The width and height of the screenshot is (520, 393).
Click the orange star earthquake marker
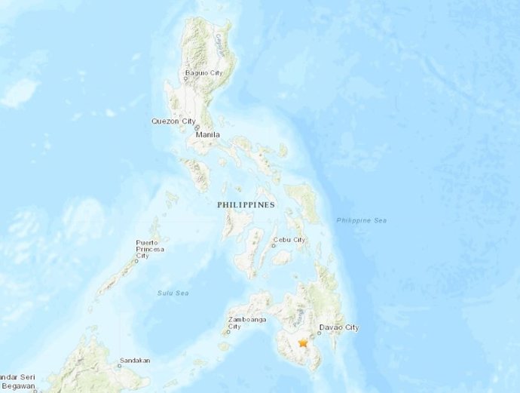coord(303,343)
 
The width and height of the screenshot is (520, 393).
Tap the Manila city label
coord(208,135)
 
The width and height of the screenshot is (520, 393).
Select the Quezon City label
coord(173,121)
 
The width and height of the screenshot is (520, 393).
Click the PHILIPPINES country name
coord(246,204)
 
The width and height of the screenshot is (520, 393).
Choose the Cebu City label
coord(290,240)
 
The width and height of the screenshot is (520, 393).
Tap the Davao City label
coord(339,327)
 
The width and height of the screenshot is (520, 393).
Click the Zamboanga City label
coord(244,323)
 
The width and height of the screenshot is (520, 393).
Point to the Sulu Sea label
coord(173,293)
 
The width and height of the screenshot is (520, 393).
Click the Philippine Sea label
coord(362,220)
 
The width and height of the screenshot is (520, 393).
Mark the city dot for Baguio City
coord(185,78)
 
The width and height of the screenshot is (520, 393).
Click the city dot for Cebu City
coord(274,245)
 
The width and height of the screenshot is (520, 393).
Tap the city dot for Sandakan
coord(119,367)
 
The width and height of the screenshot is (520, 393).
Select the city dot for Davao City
coord(320,333)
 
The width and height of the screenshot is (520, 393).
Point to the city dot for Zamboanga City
coord(228,331)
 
